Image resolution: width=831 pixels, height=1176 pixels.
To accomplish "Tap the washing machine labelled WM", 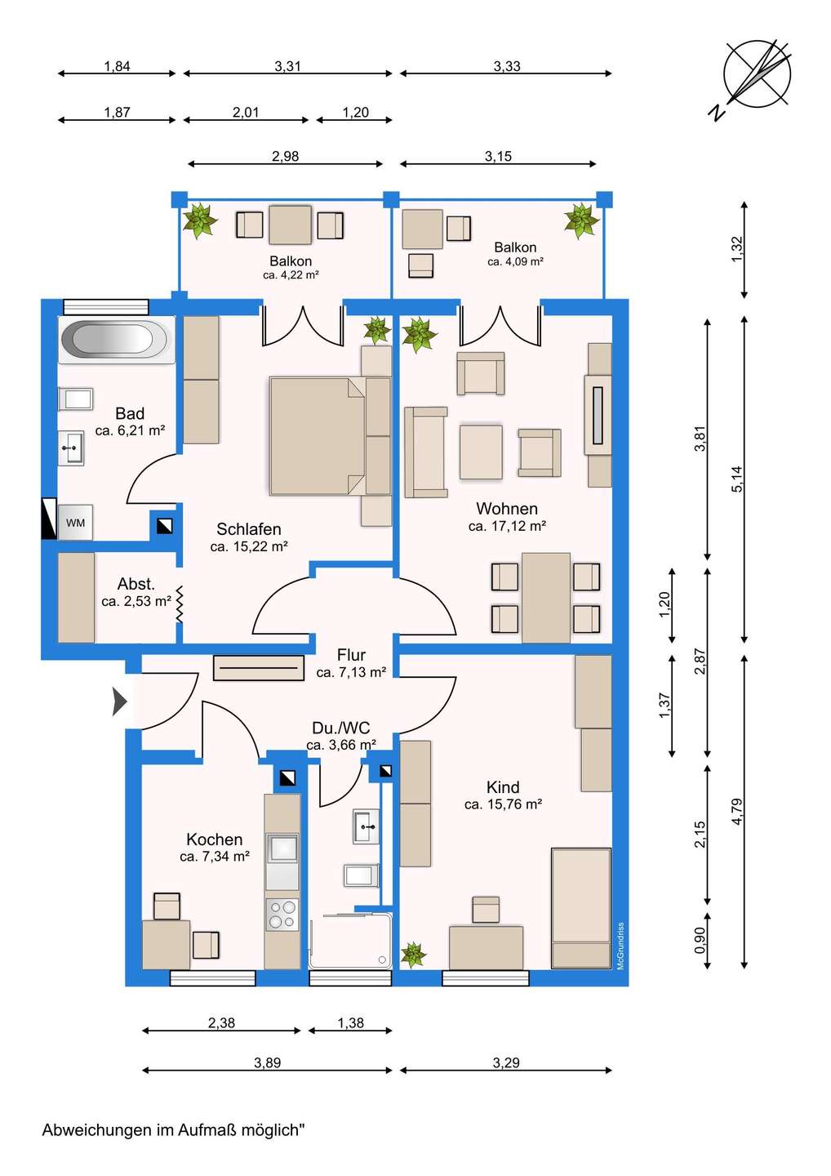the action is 76,523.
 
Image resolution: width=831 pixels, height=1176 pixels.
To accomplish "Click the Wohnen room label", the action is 507,508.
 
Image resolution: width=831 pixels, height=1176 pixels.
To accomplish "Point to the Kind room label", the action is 503,787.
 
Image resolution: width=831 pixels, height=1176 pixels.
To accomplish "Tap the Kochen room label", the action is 214,839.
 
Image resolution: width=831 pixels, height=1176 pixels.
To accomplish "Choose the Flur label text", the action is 351,655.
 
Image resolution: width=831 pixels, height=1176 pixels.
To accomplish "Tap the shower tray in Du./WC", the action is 350,942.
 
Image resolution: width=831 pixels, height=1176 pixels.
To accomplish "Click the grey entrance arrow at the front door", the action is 120,702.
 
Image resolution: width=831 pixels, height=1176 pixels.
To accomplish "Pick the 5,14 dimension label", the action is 737,479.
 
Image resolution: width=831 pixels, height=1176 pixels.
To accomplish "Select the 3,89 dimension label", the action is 268,1062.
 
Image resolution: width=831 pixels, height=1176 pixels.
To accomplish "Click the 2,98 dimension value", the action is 286,156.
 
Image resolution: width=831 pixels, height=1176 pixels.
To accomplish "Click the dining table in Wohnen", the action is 545,598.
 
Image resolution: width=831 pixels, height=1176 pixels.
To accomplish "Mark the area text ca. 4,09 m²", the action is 515,261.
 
